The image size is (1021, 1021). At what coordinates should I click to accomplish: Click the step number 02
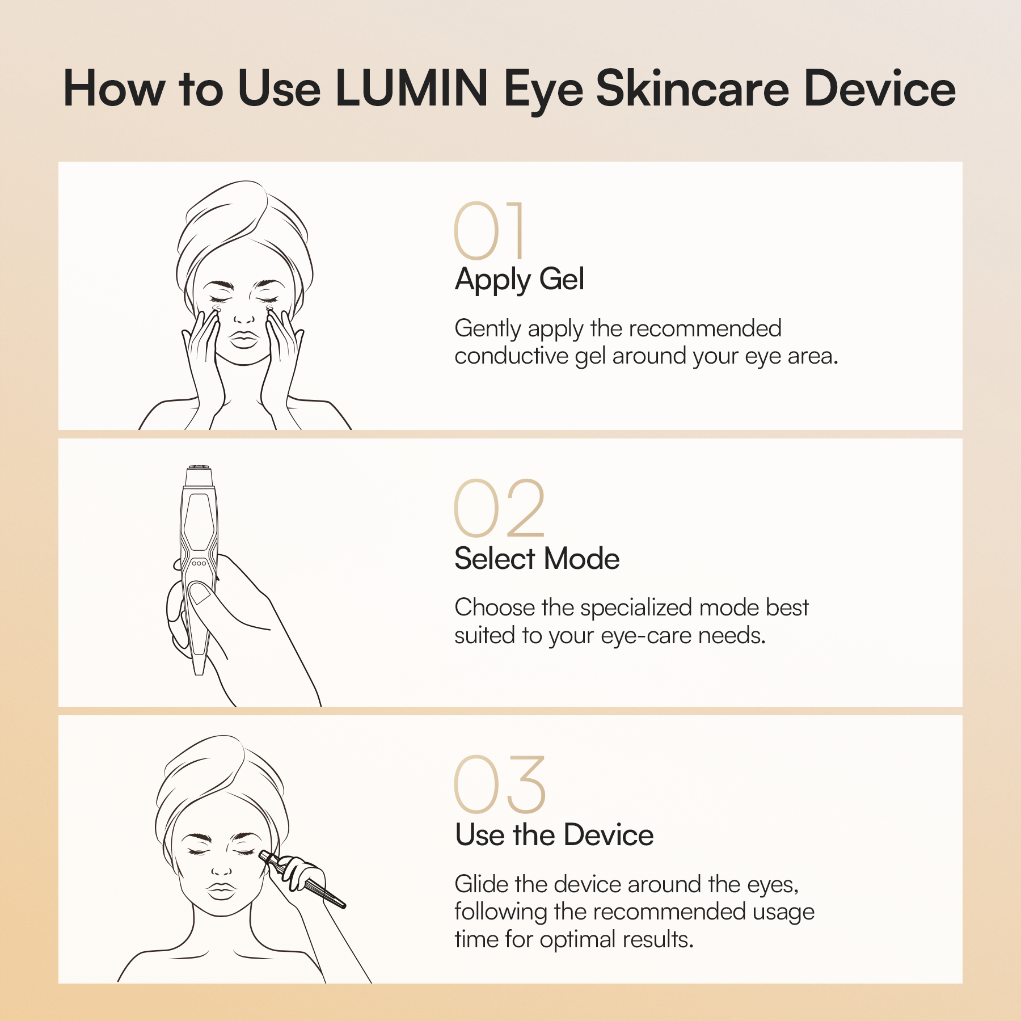coord(499,508)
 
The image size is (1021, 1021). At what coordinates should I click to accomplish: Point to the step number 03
coord(500,784)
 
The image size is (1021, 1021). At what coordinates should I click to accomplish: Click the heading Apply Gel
coord(519,280)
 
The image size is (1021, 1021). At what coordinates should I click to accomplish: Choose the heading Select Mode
coord(537,559)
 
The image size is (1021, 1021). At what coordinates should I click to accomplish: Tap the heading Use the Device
coord(554,835)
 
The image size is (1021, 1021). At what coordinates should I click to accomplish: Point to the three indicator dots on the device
coord(199,563)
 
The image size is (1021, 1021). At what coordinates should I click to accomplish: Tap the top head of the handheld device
coord(200,475)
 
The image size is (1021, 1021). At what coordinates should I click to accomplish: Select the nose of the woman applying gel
coord(244,318)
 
